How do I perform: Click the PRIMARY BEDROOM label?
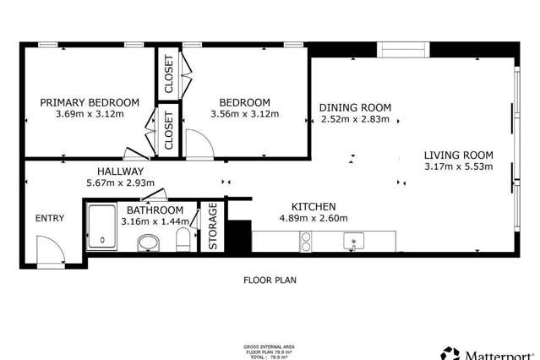(83, 102)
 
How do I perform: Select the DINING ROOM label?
(355, 106)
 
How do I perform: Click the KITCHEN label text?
(314, 206)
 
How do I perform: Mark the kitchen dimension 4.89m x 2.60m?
(314, 218)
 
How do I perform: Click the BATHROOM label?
(155, 210)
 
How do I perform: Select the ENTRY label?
(49, 218)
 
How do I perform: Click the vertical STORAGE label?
(213, 225)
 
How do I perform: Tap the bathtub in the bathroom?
(103, 226)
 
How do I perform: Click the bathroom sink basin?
(149, 243)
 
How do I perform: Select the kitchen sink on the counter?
(354, 242)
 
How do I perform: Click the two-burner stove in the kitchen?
(306, 243)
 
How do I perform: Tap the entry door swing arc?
(51, 249)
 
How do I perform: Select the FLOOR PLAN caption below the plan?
(270, 279)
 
